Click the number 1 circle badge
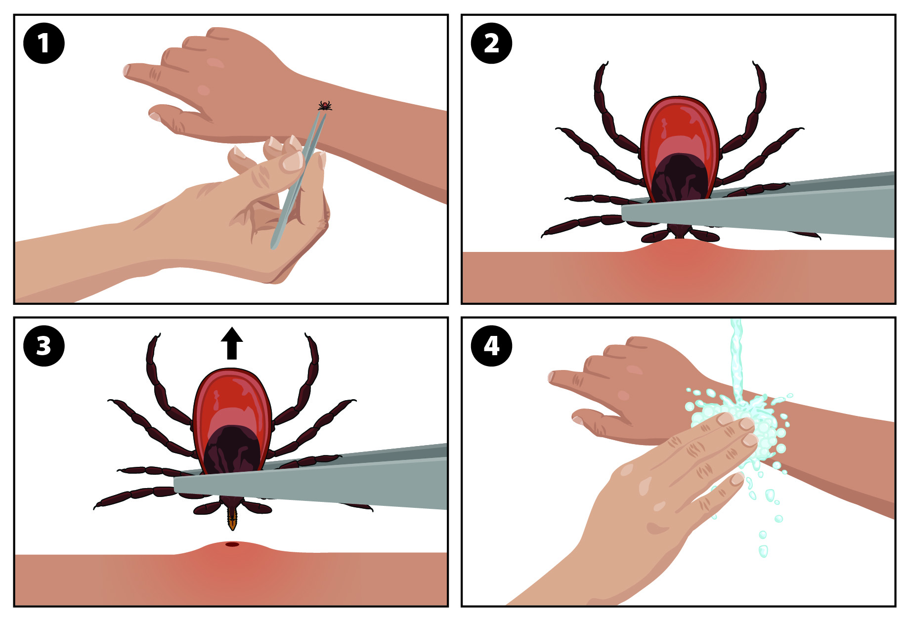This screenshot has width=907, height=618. (44, 43)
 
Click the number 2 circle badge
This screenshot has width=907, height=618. (491, 43)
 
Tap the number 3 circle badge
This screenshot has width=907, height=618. (44, 346)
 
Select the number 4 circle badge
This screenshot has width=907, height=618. (491, 346)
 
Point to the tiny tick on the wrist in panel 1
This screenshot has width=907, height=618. (325, 105)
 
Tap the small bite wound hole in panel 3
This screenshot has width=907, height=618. (232, 544)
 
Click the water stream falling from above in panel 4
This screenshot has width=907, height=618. (737, 361)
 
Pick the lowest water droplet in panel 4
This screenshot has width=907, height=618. (763, 550)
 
